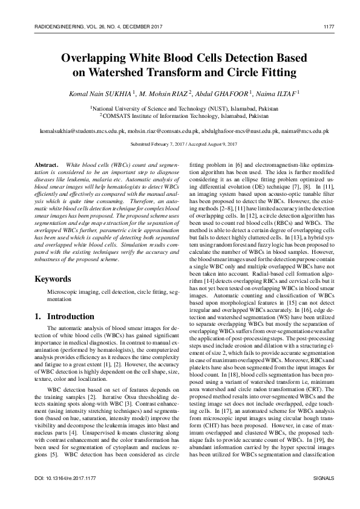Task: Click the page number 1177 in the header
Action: [x=330, y=25]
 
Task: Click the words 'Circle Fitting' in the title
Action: [x=259, y=73]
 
